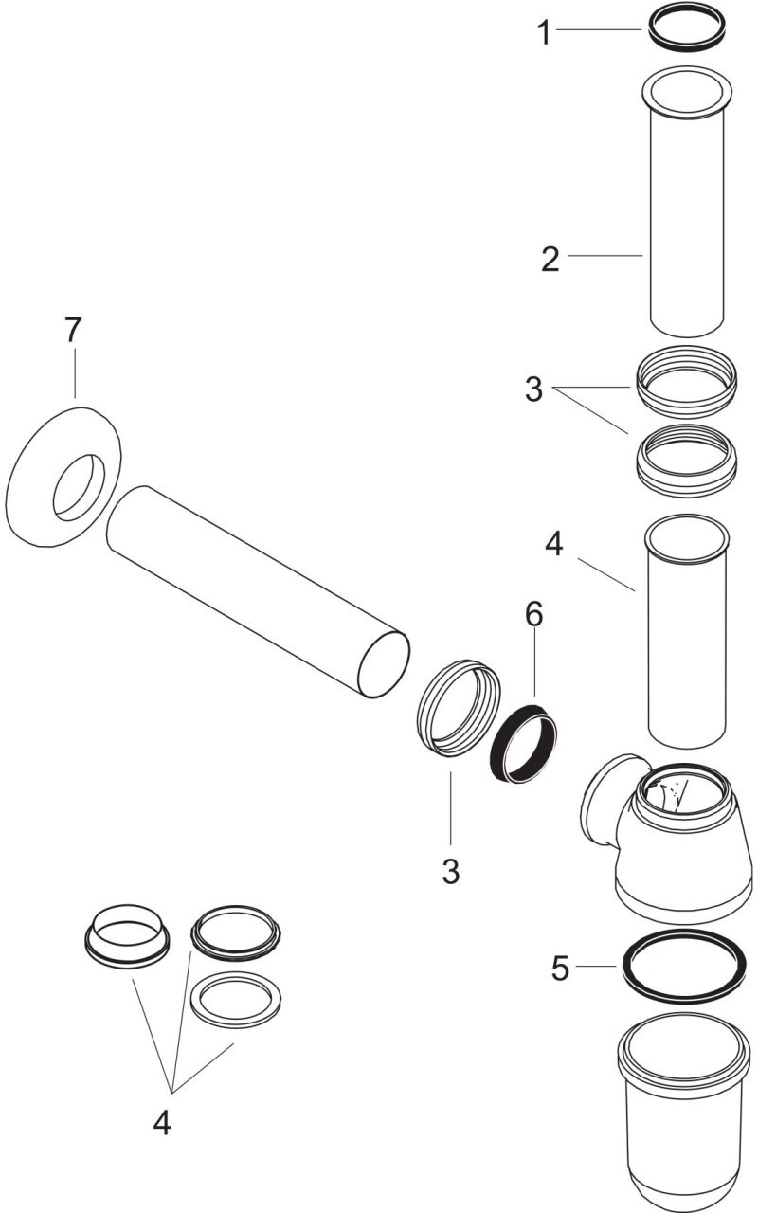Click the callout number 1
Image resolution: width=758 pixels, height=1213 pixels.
pos(544,33)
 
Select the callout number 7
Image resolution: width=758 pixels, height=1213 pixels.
pos(74,331)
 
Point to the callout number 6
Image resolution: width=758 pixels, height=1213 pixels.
pos(534,614)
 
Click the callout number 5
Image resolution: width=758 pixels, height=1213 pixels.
pos(561,969)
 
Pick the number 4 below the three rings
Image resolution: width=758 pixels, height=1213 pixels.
pos(162,1123)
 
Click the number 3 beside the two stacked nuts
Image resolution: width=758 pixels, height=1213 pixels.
pos(534,389)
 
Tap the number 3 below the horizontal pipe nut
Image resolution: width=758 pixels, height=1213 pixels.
pos(451,870)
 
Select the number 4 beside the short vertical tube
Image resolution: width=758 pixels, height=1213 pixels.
pos(555,545)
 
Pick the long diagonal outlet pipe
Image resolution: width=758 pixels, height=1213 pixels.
pos(256,592)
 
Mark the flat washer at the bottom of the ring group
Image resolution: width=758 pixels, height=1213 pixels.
pos(237,998)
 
